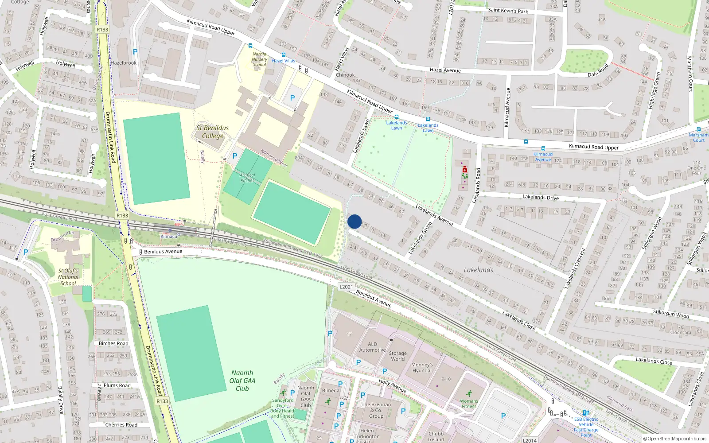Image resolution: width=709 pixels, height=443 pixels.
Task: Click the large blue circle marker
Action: click(354, 221)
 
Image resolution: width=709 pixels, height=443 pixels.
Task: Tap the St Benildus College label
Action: click(213, 132)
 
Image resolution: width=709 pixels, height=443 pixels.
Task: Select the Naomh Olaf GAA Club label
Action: click(242, 381)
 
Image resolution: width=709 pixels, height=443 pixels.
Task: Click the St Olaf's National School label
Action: click(68, 277)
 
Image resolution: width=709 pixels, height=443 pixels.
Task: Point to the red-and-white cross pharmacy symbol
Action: click(464, 170)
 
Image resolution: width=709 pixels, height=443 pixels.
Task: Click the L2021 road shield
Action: click(346, 287)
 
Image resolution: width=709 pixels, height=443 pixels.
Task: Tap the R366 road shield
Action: click(162, 401)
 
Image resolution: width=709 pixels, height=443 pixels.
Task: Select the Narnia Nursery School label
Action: click(260, 59)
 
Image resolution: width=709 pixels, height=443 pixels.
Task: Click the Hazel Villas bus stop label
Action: click(284, 61)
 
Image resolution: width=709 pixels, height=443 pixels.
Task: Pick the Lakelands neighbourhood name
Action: click(478, 270)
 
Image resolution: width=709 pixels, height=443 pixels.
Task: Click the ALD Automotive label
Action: click(372, 347)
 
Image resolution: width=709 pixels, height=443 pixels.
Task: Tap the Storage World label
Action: click(397, 356)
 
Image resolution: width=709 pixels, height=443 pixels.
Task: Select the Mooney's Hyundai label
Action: click(422, 368)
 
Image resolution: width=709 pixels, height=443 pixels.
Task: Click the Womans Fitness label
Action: click(469, 404)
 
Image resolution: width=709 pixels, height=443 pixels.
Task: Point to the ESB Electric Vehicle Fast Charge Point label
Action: click(586, 427)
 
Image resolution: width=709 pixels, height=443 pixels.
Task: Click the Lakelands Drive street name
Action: click(540, 197)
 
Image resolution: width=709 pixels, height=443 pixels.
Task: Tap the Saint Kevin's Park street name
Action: click(508, 11)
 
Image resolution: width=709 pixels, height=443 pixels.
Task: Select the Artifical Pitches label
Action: click(247, 178)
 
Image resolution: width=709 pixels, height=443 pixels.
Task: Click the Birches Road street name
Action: click(113, 343)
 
